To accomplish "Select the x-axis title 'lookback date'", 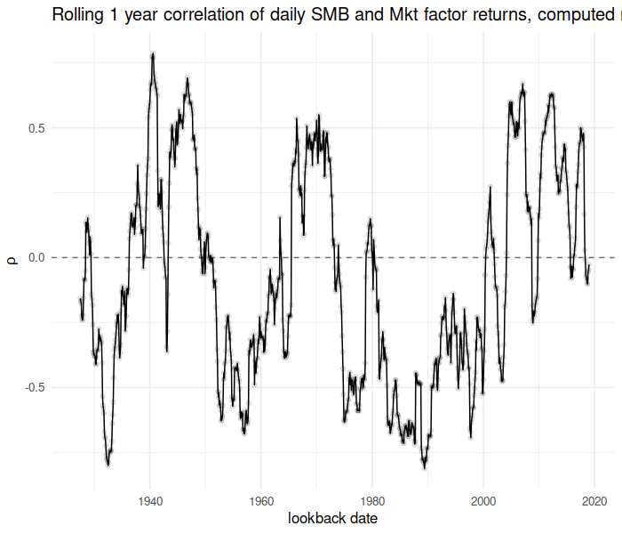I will [332, 519].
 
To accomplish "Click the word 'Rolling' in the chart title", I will [78, 15].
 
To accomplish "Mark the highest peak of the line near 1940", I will [153, 53].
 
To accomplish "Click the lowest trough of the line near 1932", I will [108, 464].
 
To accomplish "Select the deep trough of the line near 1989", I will [425, 466].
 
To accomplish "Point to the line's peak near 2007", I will [522, 85].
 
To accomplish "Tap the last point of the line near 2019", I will [589, 264].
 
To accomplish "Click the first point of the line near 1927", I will [80, 298].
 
